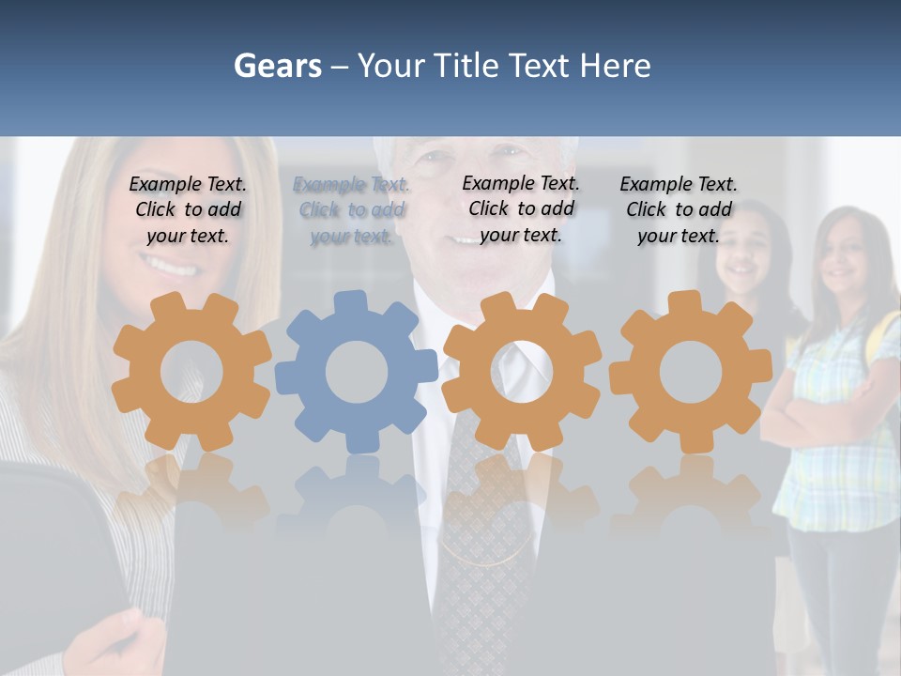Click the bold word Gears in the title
point(277,66)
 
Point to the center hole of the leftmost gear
point(191,372)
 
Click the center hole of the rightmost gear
point(690,372)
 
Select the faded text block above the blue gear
point(351,210)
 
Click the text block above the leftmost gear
point(188,210)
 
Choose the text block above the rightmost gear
point(679,210)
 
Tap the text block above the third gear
point(521,208)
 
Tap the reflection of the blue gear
point(357,498)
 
